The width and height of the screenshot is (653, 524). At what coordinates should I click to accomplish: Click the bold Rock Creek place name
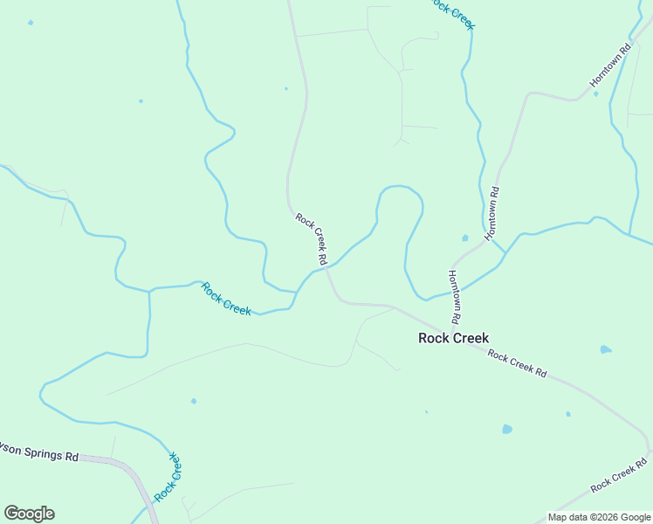point(453,338)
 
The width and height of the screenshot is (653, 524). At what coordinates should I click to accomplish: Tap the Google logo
point(29,514)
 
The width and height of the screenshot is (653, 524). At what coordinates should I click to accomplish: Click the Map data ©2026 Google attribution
point(600,517)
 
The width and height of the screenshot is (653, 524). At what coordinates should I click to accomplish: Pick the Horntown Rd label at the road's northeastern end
point(609,65)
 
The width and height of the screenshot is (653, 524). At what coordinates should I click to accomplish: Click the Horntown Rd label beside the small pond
point(492,213)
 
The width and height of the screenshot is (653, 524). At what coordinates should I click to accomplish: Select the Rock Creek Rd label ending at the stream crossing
point(311,238)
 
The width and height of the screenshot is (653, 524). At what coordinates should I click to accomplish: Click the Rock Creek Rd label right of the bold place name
point(517,363)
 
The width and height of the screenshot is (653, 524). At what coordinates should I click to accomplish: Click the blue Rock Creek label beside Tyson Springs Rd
point(168,477)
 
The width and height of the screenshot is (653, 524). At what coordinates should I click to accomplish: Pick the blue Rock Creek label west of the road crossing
point(225,299)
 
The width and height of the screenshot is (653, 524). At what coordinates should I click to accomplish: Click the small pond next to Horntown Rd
point(464,237)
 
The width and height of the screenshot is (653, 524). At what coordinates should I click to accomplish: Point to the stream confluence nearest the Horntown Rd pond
point(505,253)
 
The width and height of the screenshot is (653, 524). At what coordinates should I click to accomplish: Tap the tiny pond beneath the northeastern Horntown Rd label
point(596,93)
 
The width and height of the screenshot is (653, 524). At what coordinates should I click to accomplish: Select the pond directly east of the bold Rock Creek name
point(605,349)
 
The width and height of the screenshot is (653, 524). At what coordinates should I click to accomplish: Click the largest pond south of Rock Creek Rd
point(506,429)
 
